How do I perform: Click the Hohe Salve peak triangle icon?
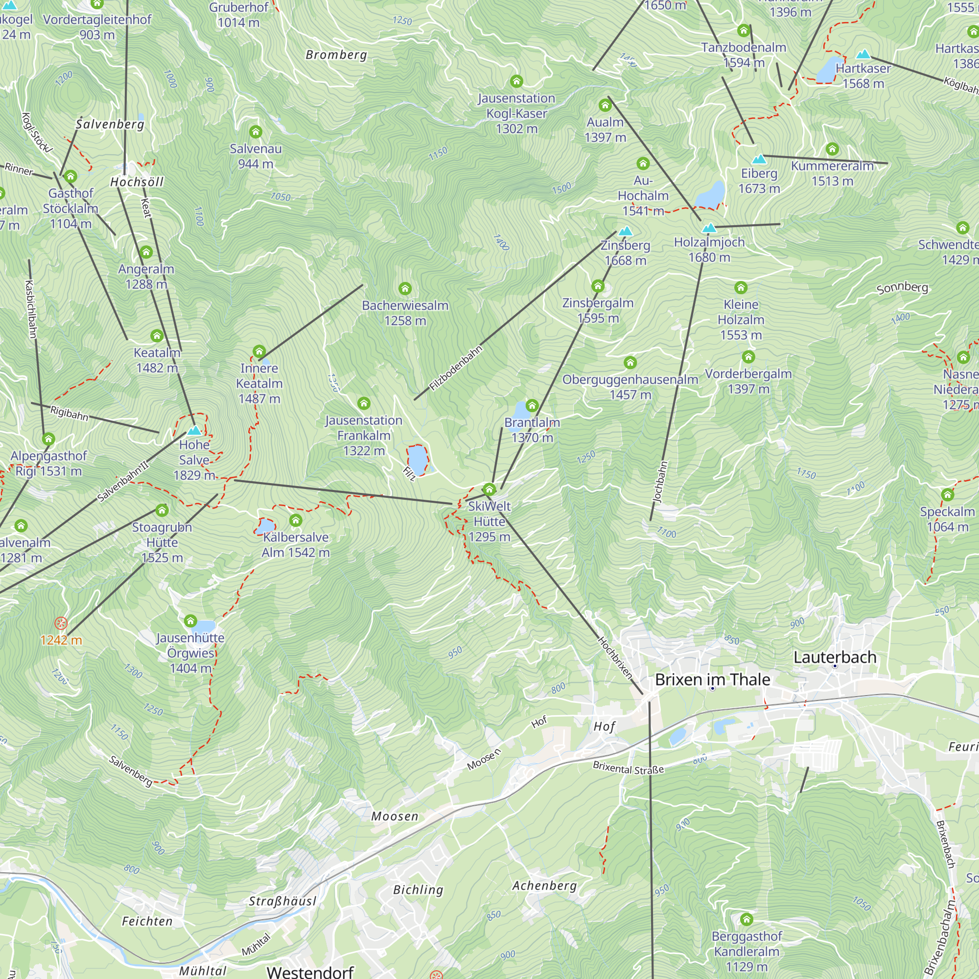(x=194, y=431)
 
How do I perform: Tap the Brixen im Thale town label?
(x=712, y=679)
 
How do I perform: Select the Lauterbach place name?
(x=835, y=657)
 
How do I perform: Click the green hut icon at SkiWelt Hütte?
(x=489, y=489)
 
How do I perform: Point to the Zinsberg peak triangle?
(x=625, y=231)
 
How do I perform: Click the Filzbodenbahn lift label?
(x=456, y=369)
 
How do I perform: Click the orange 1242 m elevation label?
(x=61, y=640)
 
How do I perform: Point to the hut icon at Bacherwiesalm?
(x=404, y=289)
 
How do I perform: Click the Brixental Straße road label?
(x=628, y=768)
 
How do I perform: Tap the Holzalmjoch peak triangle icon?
(x=709, y=228)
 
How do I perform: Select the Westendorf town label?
(x=310, y=971)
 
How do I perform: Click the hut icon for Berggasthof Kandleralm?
(x=746, y=919)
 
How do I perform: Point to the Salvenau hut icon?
(x=256, y=132)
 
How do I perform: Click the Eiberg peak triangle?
(x=759, y=159)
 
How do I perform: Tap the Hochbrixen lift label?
(x=615, y=658)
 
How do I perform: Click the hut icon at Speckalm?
(x=947, y=494)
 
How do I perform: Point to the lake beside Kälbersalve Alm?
(x=264, y=526)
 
